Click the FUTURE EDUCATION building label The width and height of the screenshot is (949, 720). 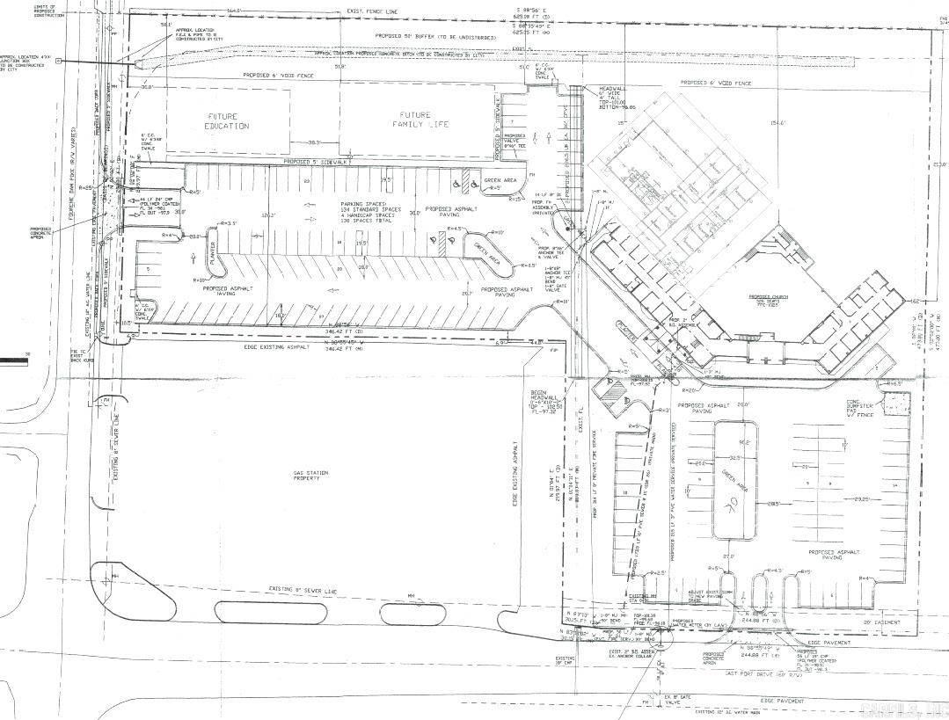click(228, 120)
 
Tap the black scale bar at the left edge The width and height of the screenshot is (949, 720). click(13, 359)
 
